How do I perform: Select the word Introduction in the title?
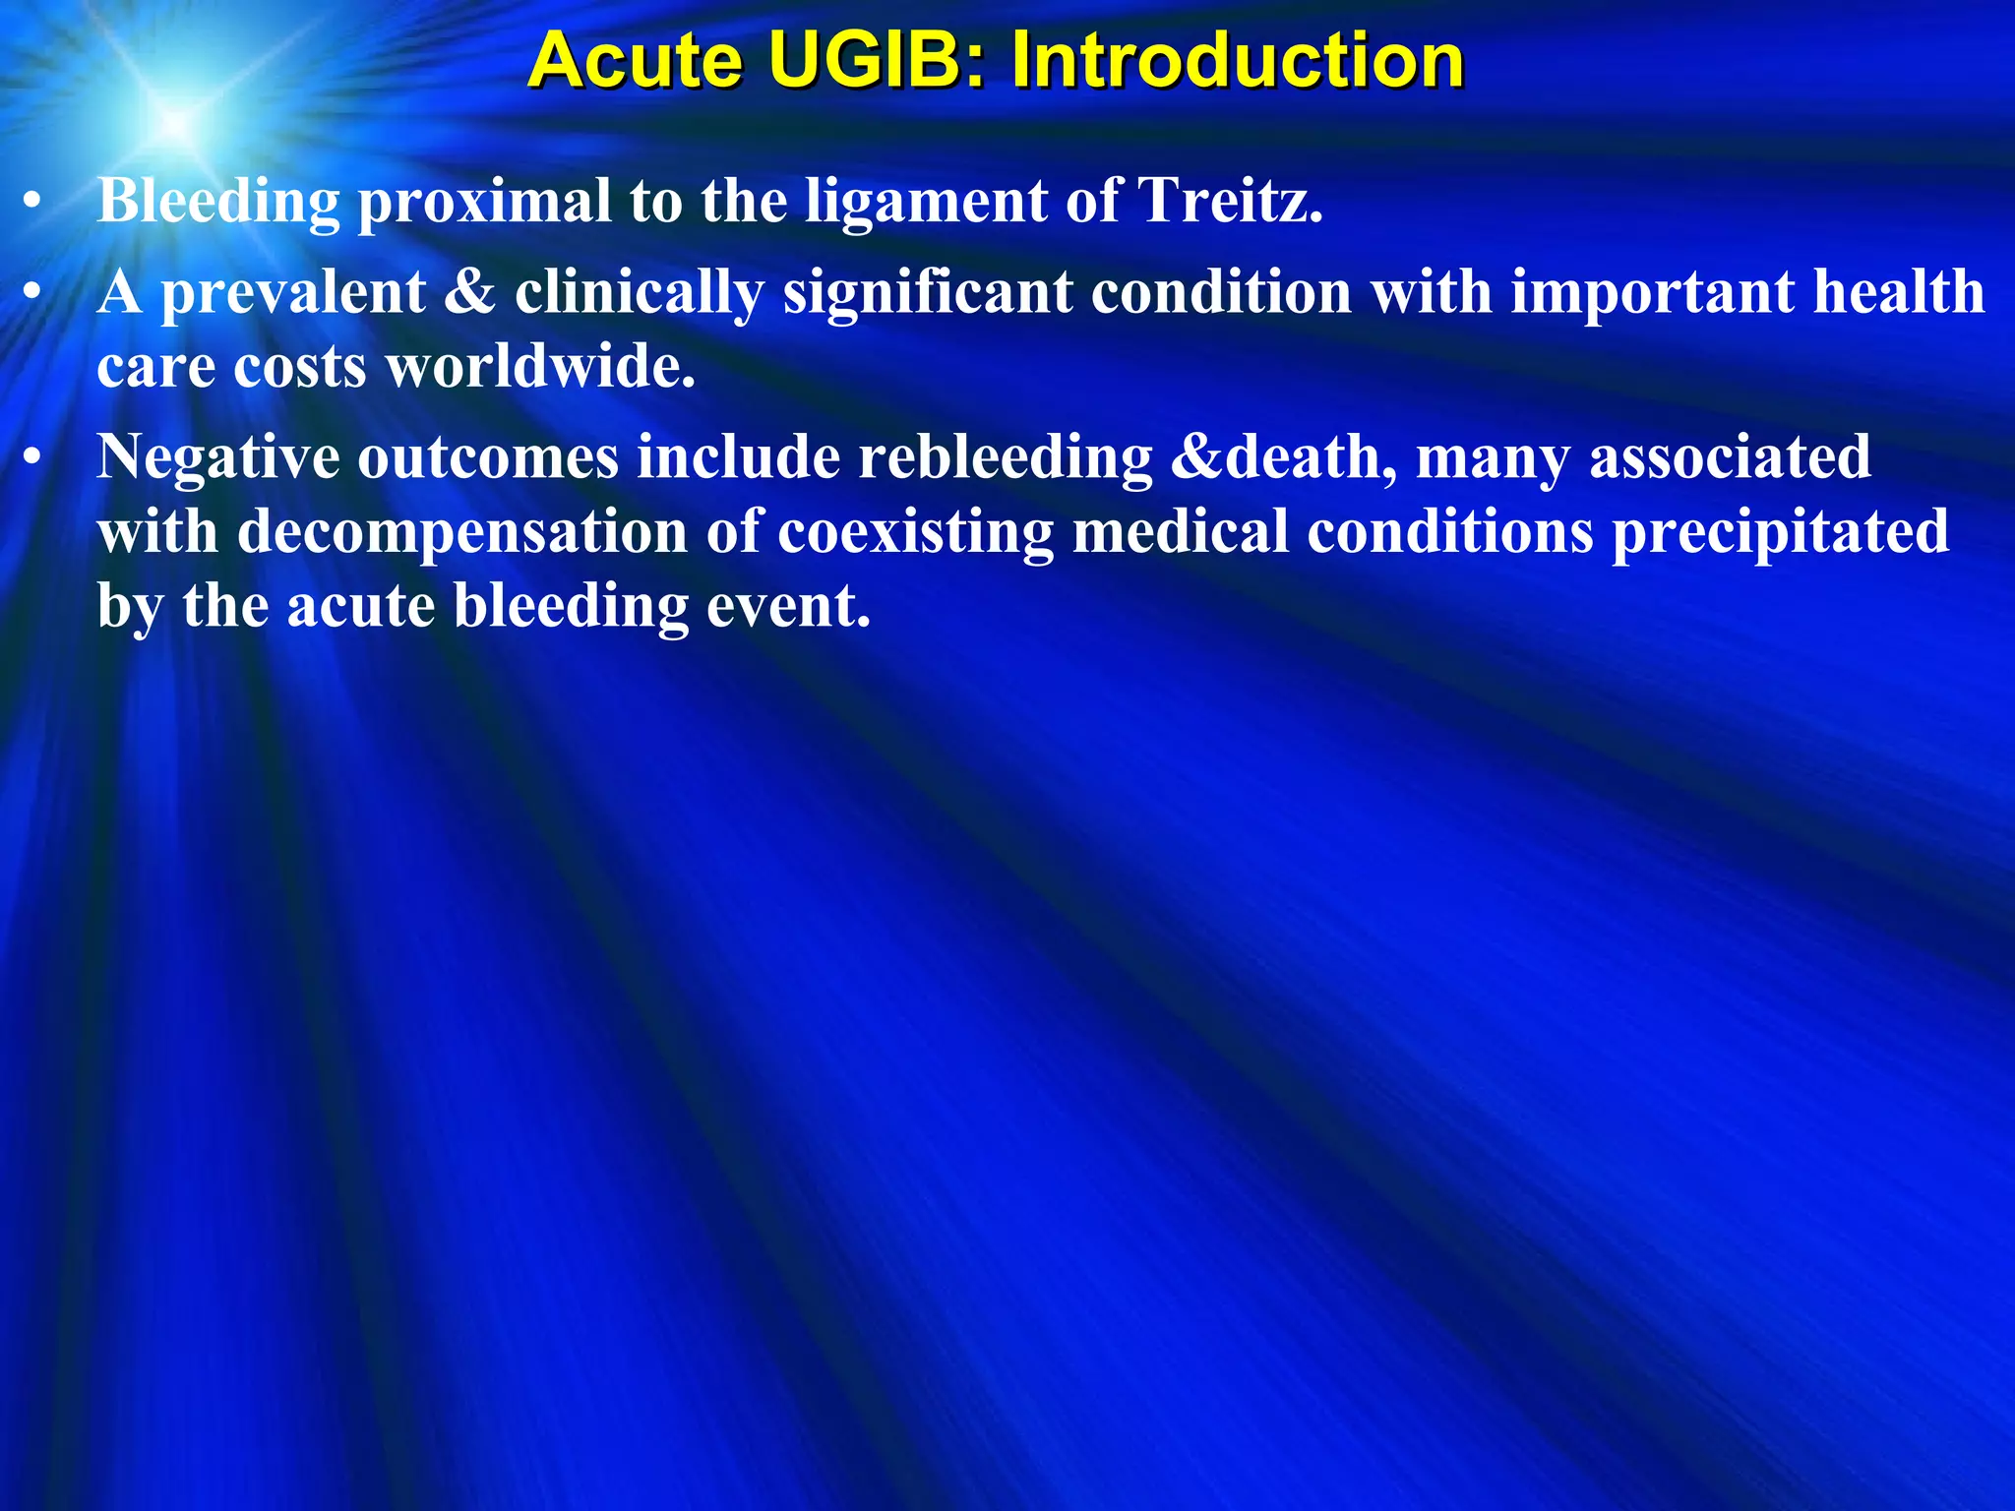pos(1238,61)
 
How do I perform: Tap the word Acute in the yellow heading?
pos(636,61)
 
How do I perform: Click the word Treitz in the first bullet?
pos(1229,201)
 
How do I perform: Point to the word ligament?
pos(926,203)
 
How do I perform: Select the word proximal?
pos(484,203)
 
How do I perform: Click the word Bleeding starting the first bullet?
pos(218,203)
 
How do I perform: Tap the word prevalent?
pos(293,293)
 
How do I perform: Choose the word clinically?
pos(640,293)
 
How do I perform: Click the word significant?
pos(928,293)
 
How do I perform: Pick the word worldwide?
pos(540,367)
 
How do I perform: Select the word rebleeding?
pos(1005,458)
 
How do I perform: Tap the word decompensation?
pos(462,532)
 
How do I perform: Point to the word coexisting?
pos(915,532)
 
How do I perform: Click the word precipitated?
pos(1780,532)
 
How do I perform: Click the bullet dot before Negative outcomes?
pos(33,457)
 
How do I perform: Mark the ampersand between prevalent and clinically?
pos(469,293)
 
